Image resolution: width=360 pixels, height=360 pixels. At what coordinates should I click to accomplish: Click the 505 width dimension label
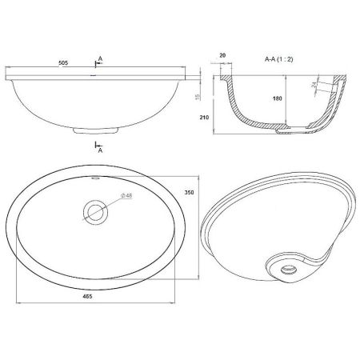tap(63, 63)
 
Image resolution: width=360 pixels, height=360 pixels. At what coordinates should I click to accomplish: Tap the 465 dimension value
tap(87, 296)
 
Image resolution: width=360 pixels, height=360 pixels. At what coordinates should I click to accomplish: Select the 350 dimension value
tap(189, 192)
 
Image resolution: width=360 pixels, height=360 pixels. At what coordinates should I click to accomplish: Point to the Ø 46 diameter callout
tap(126, 195)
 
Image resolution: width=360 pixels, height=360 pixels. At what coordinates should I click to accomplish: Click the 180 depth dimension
tap(277, 98)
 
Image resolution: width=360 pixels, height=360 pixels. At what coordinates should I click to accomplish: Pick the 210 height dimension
tap(204, 117)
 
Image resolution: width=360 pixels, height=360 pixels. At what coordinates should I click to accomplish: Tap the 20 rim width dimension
tap(222, 55)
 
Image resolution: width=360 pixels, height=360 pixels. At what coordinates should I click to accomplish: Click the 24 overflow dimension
tap(314, 85)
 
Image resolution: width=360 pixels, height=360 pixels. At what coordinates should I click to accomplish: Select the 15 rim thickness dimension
tap(198, 97)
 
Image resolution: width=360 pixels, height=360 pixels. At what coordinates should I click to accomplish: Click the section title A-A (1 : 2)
tap(278, 59)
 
